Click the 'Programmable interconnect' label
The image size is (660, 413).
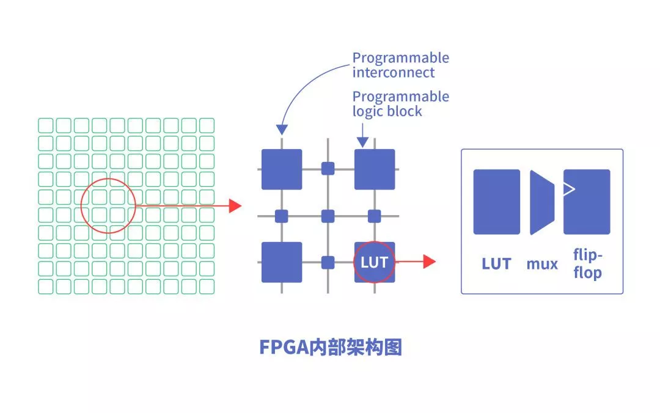point(400,65)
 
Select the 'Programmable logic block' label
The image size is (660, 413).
point(400,104)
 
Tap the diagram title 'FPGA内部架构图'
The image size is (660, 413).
point(331,347)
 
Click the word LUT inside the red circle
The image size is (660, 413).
point(374,262)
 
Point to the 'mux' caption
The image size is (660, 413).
point(542,264)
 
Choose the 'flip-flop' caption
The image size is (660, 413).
point(587,264)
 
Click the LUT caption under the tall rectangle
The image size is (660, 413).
point(496,264)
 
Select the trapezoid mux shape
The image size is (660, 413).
point(541,202)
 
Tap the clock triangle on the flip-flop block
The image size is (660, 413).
point(569,189)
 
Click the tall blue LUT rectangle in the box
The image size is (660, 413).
point(496,202)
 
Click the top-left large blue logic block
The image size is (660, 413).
point(282,169)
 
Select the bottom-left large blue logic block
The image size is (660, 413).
point(282,262)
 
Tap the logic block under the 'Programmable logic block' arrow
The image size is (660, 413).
point(375,169)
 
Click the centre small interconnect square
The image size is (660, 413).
point(328,216)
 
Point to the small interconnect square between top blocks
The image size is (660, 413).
point(328,168)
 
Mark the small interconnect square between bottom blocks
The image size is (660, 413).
point(328,263)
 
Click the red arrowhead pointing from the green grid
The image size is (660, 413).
point(235,206)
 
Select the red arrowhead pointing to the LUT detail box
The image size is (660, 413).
point(429,262)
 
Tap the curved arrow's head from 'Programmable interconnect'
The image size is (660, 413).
point(282,130)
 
